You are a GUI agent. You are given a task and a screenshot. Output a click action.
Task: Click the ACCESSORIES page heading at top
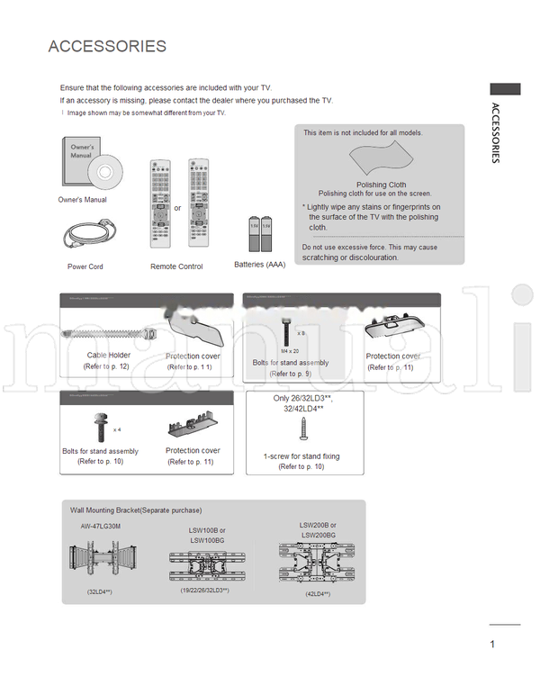[x=107, y=47]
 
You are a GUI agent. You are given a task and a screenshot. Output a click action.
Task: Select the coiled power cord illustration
[x=85, y=236]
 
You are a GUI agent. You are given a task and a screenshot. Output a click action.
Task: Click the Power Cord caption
[x=85, y=266]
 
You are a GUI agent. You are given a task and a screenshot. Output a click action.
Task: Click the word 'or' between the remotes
[x=178, y=208]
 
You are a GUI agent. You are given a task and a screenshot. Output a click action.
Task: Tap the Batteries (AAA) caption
[x=259, y=265]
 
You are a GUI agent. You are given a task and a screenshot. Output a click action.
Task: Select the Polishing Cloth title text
[x=381, y=185]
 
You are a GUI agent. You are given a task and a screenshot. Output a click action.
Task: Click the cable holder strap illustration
[x=108, y=332]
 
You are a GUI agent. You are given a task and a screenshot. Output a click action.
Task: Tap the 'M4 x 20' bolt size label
[x=290, y=350]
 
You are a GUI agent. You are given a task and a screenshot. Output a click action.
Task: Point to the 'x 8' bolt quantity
[x=301, y=332]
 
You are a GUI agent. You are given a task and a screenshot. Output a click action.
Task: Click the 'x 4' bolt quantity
[x=117, y=429]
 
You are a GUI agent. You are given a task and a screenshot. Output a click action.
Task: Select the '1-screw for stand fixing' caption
[x=301, y=456]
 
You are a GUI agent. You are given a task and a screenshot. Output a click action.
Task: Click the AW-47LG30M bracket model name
[x=100, y=526]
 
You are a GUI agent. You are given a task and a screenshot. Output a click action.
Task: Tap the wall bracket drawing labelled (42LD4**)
[x=318, y=562]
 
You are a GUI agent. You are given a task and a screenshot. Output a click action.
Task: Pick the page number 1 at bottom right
[x=492, y=644]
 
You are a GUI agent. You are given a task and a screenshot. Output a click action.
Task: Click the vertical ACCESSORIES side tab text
[x=496, y=132]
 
